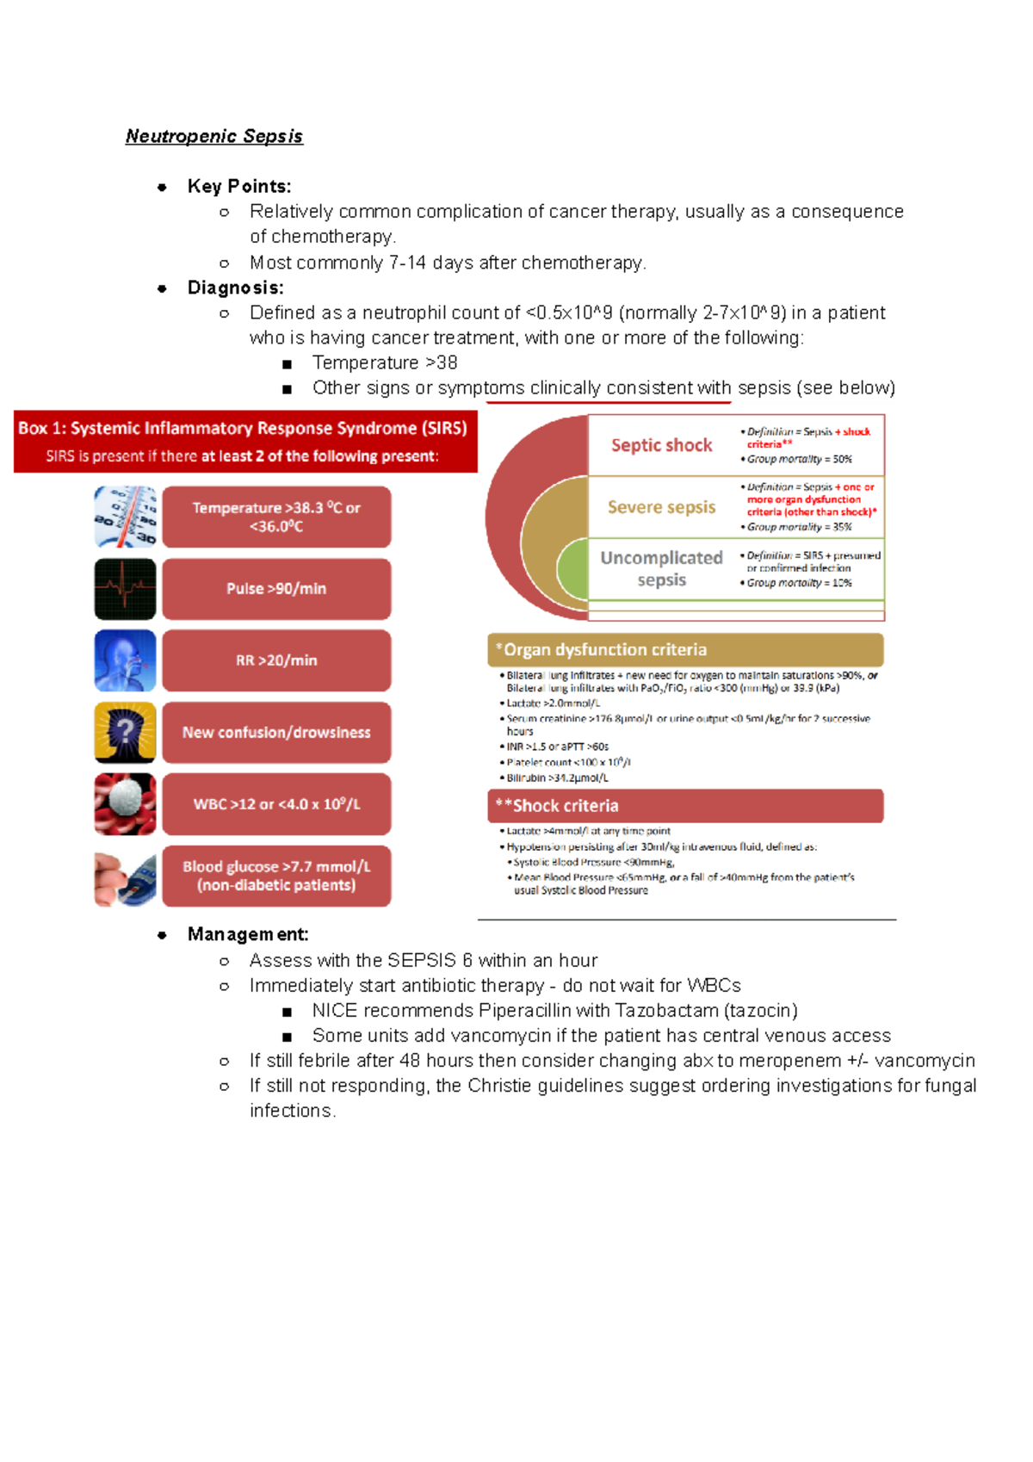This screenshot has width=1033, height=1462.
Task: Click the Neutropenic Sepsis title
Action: coord(213,136)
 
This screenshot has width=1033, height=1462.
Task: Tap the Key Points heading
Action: coord(238,186)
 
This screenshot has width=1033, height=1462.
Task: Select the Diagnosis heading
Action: coord(235,288)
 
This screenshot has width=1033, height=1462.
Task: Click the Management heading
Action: coord(247,934)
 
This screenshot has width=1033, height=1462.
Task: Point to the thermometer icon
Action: coord(126,517)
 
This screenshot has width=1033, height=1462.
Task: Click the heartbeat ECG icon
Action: coord(126,589)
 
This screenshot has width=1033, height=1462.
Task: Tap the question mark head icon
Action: coord(126,732)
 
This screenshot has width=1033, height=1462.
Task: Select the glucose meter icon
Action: coord(126,877)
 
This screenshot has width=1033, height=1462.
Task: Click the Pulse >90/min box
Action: coord(276,589)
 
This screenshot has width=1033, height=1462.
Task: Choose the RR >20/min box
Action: coord(276,660)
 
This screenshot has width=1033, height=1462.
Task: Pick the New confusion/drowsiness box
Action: coord(276,732)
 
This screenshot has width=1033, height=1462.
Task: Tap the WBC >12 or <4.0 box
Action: coord(276,804)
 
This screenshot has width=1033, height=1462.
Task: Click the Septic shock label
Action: coord(661,445)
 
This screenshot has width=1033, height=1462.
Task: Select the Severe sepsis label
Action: coord(661,507)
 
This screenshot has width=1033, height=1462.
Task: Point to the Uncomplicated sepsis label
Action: coord(661,568)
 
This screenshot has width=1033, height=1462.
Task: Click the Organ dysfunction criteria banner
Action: coord(685,650)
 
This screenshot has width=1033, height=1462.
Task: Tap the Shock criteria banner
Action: coord(685,806)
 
